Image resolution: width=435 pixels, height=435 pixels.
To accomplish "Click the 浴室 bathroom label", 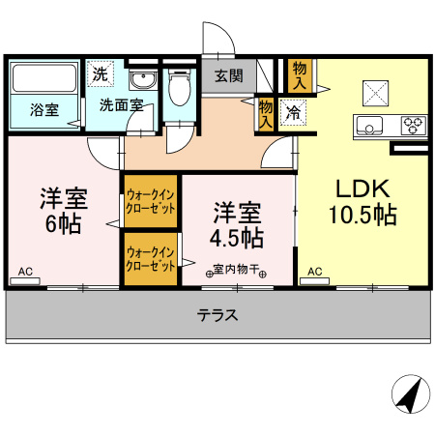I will coord(43,109).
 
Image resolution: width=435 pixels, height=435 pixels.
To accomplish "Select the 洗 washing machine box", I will coord(100,72).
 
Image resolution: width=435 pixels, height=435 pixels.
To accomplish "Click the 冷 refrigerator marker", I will coord(290,113).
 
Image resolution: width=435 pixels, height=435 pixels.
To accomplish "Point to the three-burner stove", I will coord(412,125).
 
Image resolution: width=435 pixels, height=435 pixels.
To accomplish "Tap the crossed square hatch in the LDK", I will coord(374,92).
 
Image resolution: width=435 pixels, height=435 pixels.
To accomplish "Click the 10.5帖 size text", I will coord(362,215).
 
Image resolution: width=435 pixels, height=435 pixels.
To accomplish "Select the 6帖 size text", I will coord(63,224).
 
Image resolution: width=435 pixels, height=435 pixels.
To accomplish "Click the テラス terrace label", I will coord(217,315).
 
